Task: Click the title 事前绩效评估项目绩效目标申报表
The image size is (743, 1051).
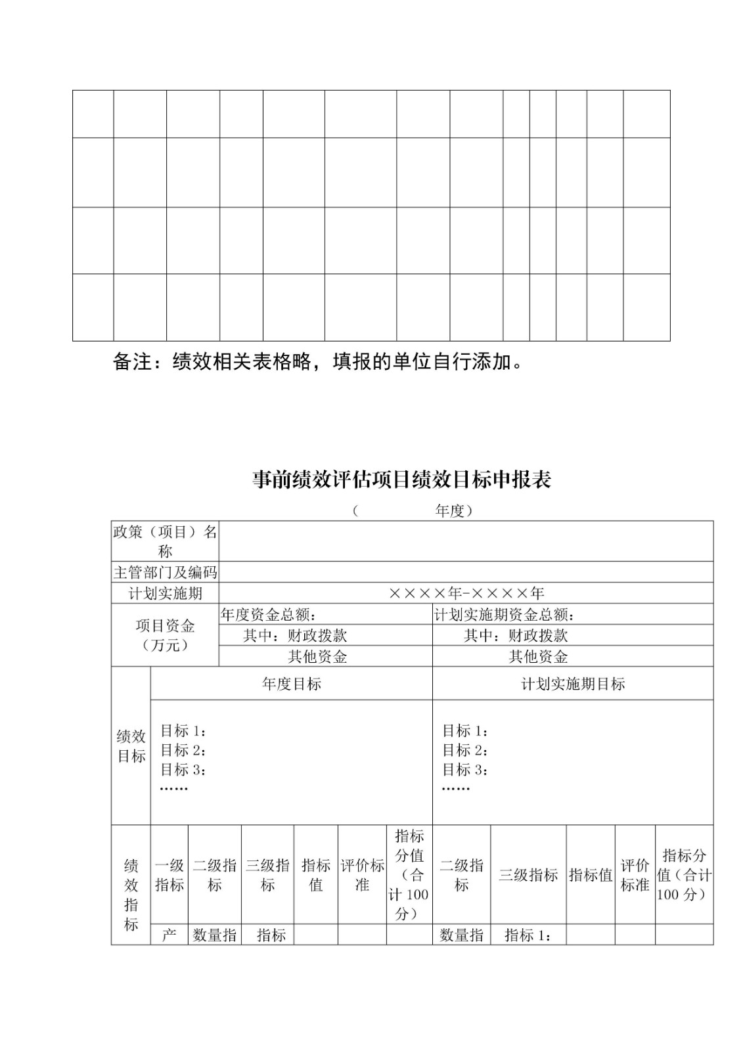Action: tap(401, 480)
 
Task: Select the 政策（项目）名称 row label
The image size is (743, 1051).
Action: tap(165, 541)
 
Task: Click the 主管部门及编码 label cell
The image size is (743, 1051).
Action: tap(165, 572)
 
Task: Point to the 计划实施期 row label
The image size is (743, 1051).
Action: tap(165, 594)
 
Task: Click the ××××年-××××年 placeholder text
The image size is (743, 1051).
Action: tap(466, 594)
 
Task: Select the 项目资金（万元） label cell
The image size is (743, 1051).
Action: tap(165, 635)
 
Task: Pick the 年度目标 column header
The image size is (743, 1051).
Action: tap(292, 684)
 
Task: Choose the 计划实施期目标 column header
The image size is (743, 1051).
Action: tap(573, 684)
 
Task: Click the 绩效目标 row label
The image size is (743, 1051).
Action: tap(131, 746)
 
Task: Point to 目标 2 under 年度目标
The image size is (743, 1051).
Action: tap(183, 750)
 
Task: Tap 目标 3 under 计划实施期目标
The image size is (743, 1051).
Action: tap(464, 769)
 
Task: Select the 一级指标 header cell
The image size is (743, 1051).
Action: tap(169, 875)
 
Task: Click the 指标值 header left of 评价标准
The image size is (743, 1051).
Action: tap(316, 875)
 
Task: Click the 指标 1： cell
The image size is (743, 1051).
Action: tap(528, 935)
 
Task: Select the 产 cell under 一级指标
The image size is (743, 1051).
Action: tap(169, 935)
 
